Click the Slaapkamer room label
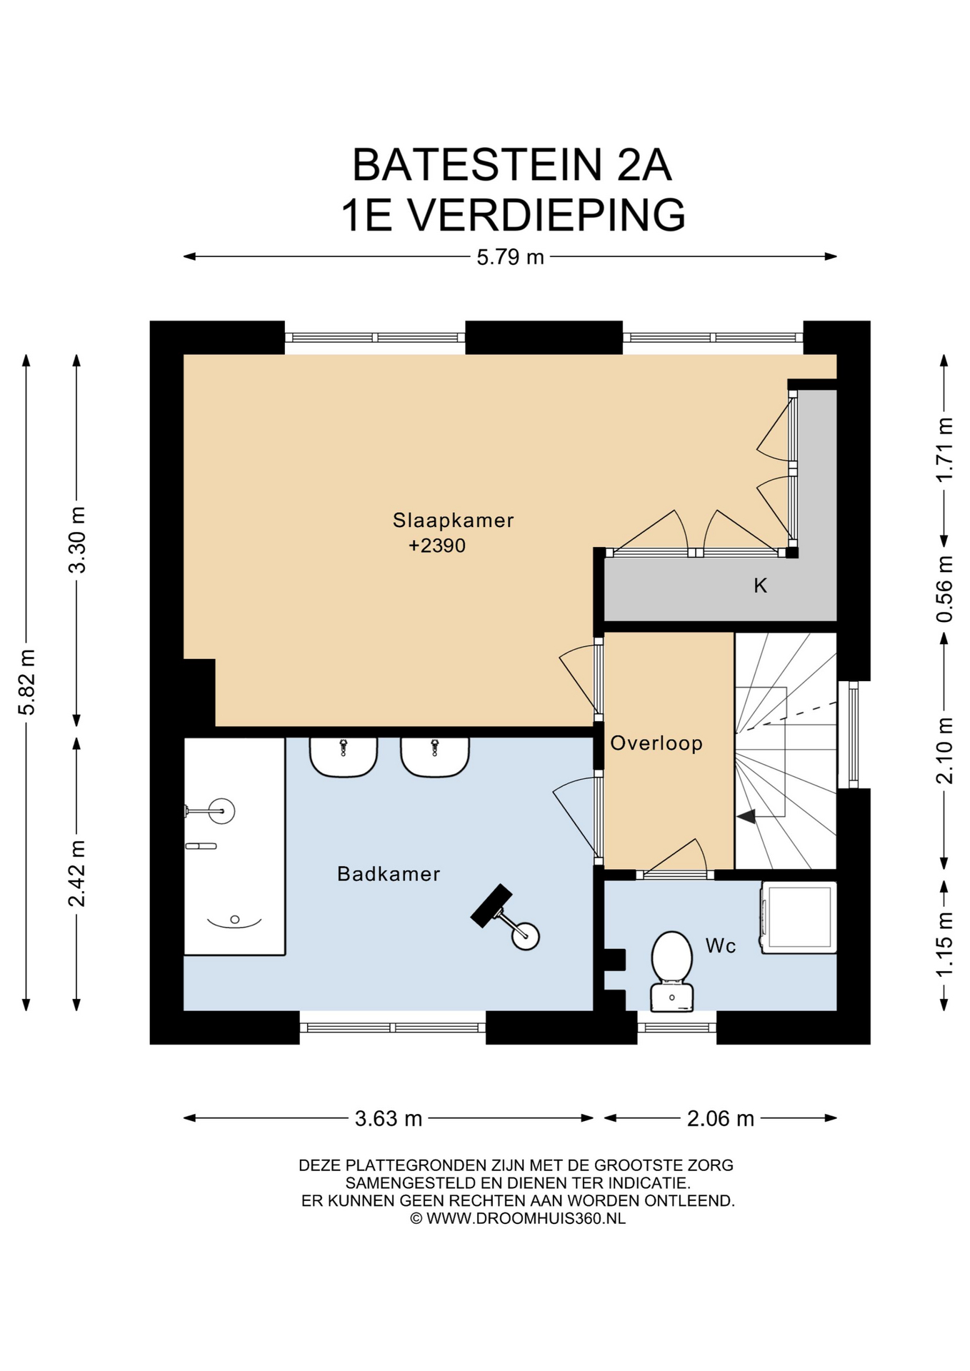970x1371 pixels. (x=453, y=520)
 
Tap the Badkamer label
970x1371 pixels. (x=389, y=874)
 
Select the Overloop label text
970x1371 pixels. (x=656, y=743)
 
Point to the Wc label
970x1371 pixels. (x=720, y=945)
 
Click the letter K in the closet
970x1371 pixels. (x=760, y=586)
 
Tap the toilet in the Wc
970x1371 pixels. (x=671, y=971)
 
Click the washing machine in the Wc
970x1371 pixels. (x=799, y=917)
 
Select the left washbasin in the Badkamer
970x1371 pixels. (x=343, y=757)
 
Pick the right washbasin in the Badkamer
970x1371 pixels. (x=434, y=757)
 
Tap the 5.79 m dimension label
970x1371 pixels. (x=510, y=257)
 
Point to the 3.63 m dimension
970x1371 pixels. (x=389, y=1118)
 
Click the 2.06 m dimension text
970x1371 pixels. (x=720, y=1118)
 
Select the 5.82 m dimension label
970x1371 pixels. (x=27, y=682)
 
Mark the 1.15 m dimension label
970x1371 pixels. (x=944, y=945)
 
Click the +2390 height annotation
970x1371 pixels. (x=436, y=546)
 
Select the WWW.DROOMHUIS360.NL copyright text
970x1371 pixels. (x=526, y=1219)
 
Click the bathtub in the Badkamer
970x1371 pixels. (x=234, y=846)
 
